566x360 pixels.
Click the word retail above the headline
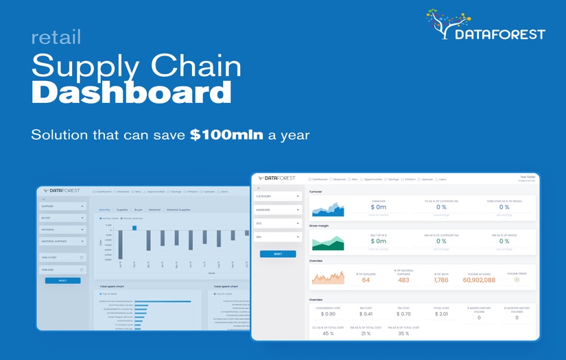click(56, 36)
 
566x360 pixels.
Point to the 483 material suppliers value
click(403, 280)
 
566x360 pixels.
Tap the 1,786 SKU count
click(441, 280)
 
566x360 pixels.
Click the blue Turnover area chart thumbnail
click(329, 208)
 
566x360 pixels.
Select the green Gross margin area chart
click(329, 242)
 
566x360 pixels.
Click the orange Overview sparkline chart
click(329, 276)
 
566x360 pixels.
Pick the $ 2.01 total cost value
click(441, 314)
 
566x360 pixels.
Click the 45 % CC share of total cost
click(328, 333)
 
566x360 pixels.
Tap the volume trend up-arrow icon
click(516, 279)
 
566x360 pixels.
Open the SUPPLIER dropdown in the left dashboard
click(62, 206)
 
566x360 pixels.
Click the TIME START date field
click(62, 258)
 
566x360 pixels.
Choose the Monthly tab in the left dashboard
click(104, 209)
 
